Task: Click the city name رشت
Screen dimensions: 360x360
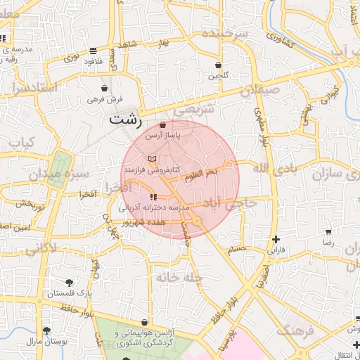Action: tap(126, 120)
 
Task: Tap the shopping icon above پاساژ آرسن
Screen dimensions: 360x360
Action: tap(163, 124)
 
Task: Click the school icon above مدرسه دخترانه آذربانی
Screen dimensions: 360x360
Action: tap(154, 197)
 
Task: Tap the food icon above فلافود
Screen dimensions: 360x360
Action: tap(94, 51)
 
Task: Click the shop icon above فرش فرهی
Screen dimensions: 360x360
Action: tap(105, 89)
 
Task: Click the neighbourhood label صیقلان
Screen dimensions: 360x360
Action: tap(259, 91)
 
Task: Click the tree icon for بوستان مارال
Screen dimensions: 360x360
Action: tap(47, 330)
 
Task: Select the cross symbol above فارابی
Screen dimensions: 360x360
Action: tap(276, 239)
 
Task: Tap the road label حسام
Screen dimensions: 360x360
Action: tap(236, 248)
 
